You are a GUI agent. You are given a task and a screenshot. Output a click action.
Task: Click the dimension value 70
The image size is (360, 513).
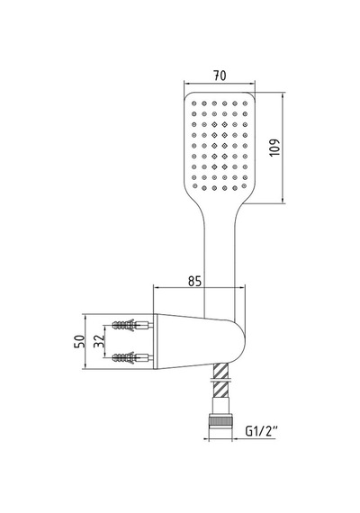point(220,76)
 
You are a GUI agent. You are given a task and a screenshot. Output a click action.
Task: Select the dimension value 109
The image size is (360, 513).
point(274,148)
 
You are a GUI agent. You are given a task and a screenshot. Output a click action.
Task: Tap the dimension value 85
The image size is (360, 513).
point(194,281)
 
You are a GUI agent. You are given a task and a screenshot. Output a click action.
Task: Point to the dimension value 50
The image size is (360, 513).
point(80,342)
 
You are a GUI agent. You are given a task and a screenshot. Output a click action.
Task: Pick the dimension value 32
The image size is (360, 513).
point(99,342)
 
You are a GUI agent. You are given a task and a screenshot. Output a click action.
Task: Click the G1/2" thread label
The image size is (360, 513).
point(262,431)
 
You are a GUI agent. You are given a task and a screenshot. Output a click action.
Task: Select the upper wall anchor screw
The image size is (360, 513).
point(132,325)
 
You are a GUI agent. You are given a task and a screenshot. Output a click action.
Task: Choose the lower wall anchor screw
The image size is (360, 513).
point(132,357)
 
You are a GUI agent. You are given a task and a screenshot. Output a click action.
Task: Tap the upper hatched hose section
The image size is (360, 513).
point(220,371)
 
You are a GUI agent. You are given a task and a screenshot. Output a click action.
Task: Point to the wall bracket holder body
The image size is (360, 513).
point(199,342)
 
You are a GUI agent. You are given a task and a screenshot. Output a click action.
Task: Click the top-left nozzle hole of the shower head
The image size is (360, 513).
point(194,103)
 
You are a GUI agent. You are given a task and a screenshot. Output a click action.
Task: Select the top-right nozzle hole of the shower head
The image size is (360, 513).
point(245,103)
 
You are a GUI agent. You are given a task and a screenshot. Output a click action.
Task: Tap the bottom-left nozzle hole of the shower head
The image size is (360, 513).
point(195,185)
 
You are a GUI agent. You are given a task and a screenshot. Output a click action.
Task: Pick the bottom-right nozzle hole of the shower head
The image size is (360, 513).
point(244,185)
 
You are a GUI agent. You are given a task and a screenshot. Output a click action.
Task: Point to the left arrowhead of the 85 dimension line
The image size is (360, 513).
point(156,288)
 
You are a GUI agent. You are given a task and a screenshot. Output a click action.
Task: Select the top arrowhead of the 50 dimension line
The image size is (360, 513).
point(85,317)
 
